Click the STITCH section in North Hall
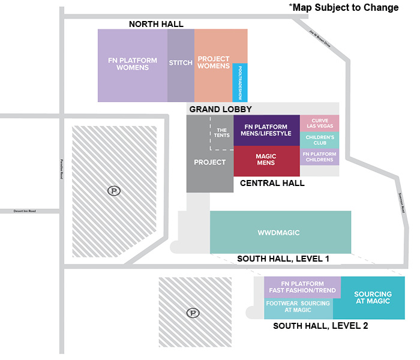tap(181, 62)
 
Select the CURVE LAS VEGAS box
tap(320, 122)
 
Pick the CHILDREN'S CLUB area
tap(320, 140)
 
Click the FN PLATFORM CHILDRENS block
tap(320, 157)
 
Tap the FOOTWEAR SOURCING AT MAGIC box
tap(298, 307)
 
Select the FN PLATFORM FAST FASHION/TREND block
tap(302, 287)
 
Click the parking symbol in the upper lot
tap(113, 191)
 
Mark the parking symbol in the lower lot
tap(193, 313)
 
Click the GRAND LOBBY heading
tap(220, 109)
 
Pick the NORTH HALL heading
tap(157, 24)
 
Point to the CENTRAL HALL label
tap(272, 183)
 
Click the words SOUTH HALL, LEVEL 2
tap(320, 326)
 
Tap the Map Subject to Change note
tap(344, 8)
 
